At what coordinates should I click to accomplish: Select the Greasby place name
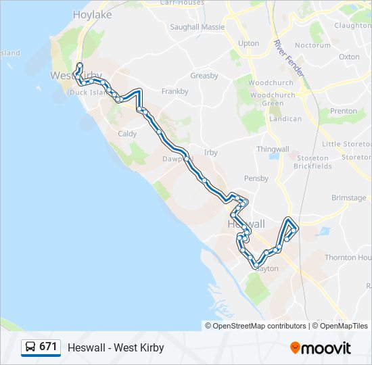(204, 76)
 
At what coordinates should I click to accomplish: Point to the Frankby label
(175, 91)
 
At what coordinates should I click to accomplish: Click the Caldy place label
(127, 134)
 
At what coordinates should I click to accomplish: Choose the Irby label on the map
(210, 153)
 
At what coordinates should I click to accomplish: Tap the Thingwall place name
(273, 149)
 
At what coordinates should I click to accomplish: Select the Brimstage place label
(348, 198)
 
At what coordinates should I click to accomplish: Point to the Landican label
(285, 119)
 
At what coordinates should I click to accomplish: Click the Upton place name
(249, 43)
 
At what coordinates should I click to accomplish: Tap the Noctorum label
(313, 45)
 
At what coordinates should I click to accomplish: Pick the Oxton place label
(349, 57)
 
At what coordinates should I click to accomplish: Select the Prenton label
(343, 111)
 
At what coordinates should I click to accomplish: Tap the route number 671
(48, 347)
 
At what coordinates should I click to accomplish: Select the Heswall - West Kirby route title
(116, 348)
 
